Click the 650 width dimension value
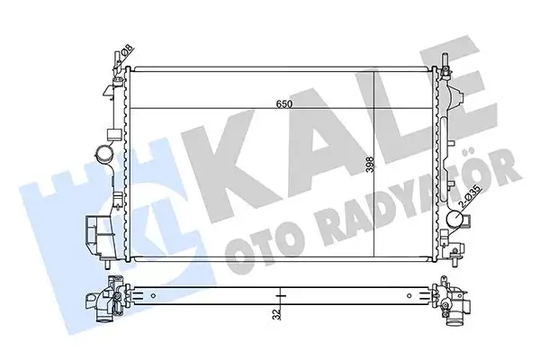click(284, 104)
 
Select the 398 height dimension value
click(370, 166)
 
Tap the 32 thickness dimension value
click(277, 314)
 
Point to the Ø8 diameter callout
click(127, 51)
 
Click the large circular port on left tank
click(104, 152)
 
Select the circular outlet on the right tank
click(454, 219)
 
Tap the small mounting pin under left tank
click(107, 264)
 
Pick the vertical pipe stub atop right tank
click(445, 60)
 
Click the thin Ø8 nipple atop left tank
click(117, 60)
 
